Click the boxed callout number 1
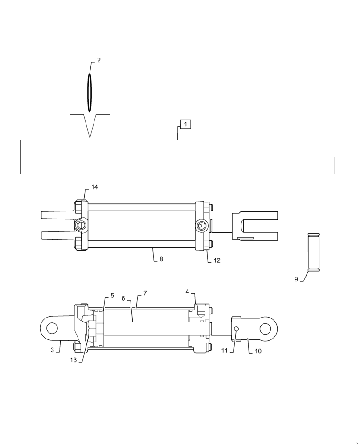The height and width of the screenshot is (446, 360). coord(185,124)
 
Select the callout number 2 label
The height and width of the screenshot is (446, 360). coord(98,60)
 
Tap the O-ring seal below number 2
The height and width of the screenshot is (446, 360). coord(90,93)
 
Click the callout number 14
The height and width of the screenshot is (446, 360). coord(94,187)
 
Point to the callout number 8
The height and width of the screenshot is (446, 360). coord(161,259)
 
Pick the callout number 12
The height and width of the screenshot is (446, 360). coord(217,260)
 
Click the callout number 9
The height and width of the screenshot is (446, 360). coord(296,279)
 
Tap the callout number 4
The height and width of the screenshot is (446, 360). coord(188,291)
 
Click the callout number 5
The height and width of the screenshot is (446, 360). coord(112,295)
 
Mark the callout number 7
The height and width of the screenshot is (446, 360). coord(145,293)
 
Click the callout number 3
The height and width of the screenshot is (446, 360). coord(52,350)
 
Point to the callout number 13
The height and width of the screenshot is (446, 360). coord(73,360)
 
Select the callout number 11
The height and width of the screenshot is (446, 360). coord(224,351)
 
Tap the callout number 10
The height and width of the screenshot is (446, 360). coord(258,351)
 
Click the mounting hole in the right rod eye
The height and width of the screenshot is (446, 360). coord(266,329)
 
